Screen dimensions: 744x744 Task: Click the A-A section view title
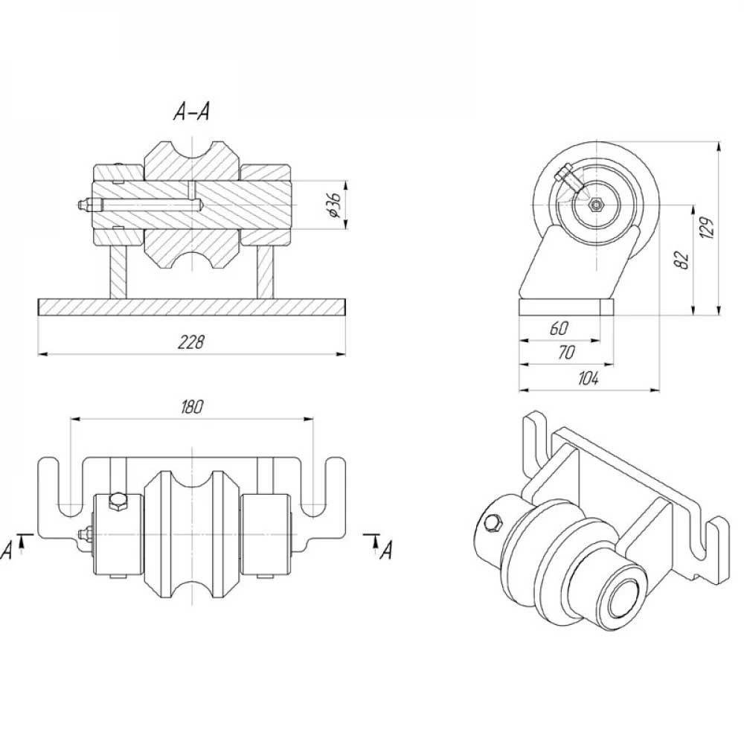(x=191, y=112)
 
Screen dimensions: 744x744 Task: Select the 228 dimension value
(x=190, y=341)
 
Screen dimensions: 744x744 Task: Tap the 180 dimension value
(x=192, y=407)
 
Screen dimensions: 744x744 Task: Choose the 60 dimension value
(x=559, y=328)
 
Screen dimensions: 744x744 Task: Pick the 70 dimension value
(x=566, y=353)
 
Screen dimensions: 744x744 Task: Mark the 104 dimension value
(x=589, y=378)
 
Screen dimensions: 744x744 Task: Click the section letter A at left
(x=7, y=551)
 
